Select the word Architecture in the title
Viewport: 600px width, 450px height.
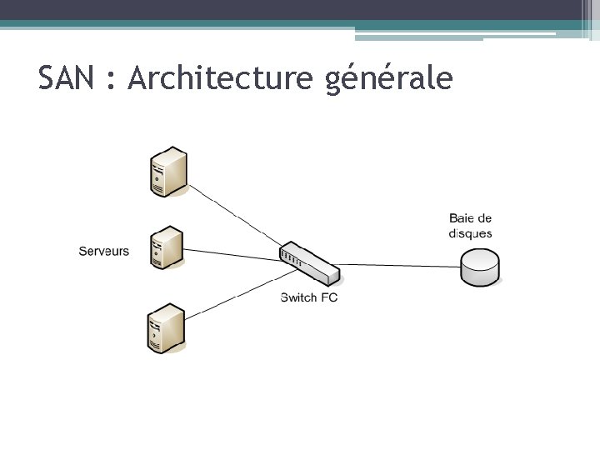[218, 78]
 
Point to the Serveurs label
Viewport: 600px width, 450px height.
[104, 250]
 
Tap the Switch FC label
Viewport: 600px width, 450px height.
[309, 297]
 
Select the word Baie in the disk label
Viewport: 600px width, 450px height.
[462, 218]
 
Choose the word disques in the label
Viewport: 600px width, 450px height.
[470, 233]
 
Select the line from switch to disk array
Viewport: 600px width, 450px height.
[400, 266]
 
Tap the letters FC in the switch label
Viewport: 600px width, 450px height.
[328, 297]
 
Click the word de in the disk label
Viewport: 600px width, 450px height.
[484, 218]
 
